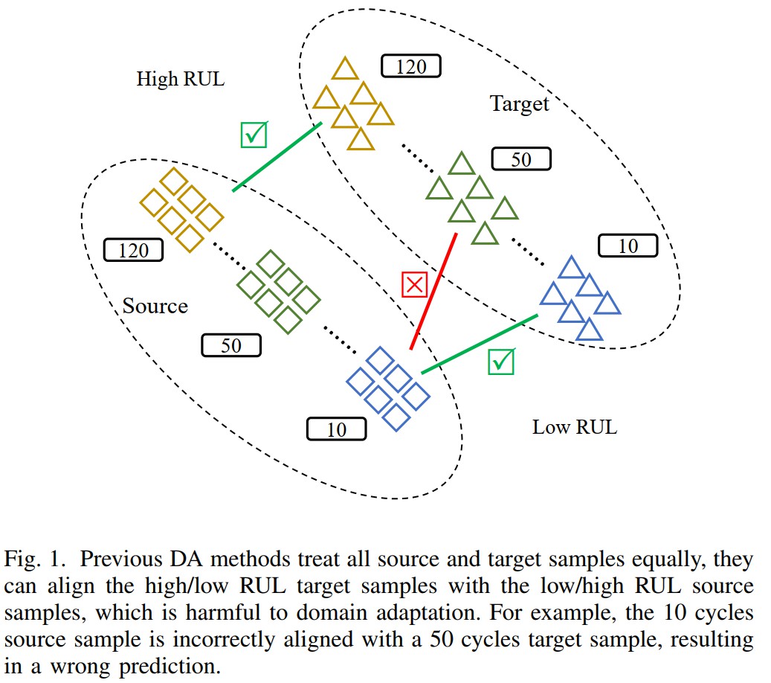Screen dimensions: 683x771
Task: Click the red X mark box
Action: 413,285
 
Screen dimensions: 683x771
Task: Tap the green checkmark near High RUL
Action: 254,134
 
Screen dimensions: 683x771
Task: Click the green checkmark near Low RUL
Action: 502,362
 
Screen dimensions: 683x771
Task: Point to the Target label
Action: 519,104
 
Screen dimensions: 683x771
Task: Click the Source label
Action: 155,306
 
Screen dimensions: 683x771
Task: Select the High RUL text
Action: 180,79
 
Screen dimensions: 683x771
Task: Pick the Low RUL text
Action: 574,427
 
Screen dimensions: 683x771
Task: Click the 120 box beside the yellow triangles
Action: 411,67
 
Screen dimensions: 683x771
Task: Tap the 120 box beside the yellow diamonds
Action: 134,250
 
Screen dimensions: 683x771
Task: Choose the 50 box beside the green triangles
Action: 521,159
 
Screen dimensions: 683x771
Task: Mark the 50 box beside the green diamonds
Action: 231,345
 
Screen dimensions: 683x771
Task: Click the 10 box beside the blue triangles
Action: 628,246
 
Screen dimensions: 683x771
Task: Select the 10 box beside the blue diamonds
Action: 336,429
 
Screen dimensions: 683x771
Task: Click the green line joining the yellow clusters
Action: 277,157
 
